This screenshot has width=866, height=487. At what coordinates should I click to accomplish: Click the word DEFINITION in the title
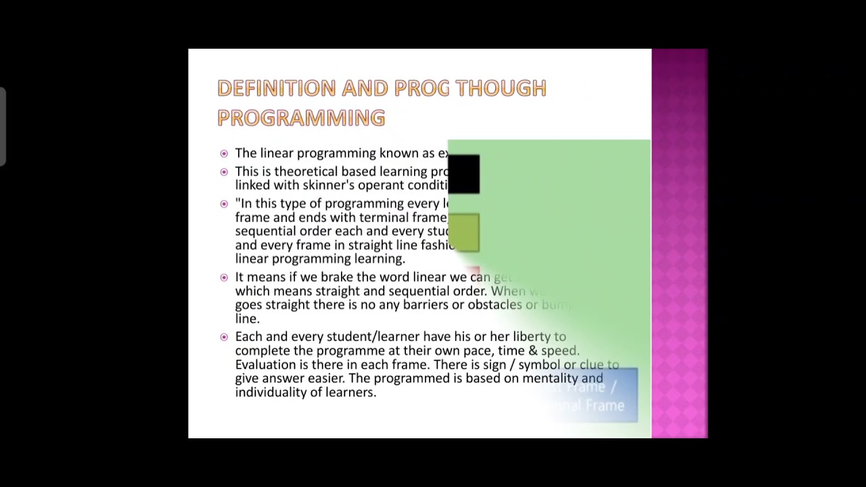[x=276, y=88]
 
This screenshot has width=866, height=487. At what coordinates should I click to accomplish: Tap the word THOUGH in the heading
[x=501, y=88]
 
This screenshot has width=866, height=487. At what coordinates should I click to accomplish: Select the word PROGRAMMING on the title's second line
[x=301, y=118]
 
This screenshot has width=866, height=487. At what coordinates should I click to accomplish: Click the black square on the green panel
[x=463, y=174]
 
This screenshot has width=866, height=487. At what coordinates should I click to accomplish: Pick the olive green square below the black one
[x=463, y=232]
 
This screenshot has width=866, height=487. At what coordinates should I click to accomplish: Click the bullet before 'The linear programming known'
[x=224, y=154]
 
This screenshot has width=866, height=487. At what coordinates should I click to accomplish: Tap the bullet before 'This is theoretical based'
[x=224, y=172]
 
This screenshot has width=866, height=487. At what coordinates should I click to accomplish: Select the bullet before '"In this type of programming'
[x=224, y=204]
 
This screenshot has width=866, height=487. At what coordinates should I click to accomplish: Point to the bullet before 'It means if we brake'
[x=224, y=277]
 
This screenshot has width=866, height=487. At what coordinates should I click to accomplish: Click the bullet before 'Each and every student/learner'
[x=224, y=337]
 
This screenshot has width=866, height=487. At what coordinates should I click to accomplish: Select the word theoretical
[x=305, y=172]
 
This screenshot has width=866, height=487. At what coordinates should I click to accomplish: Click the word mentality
[x=550, y=379]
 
